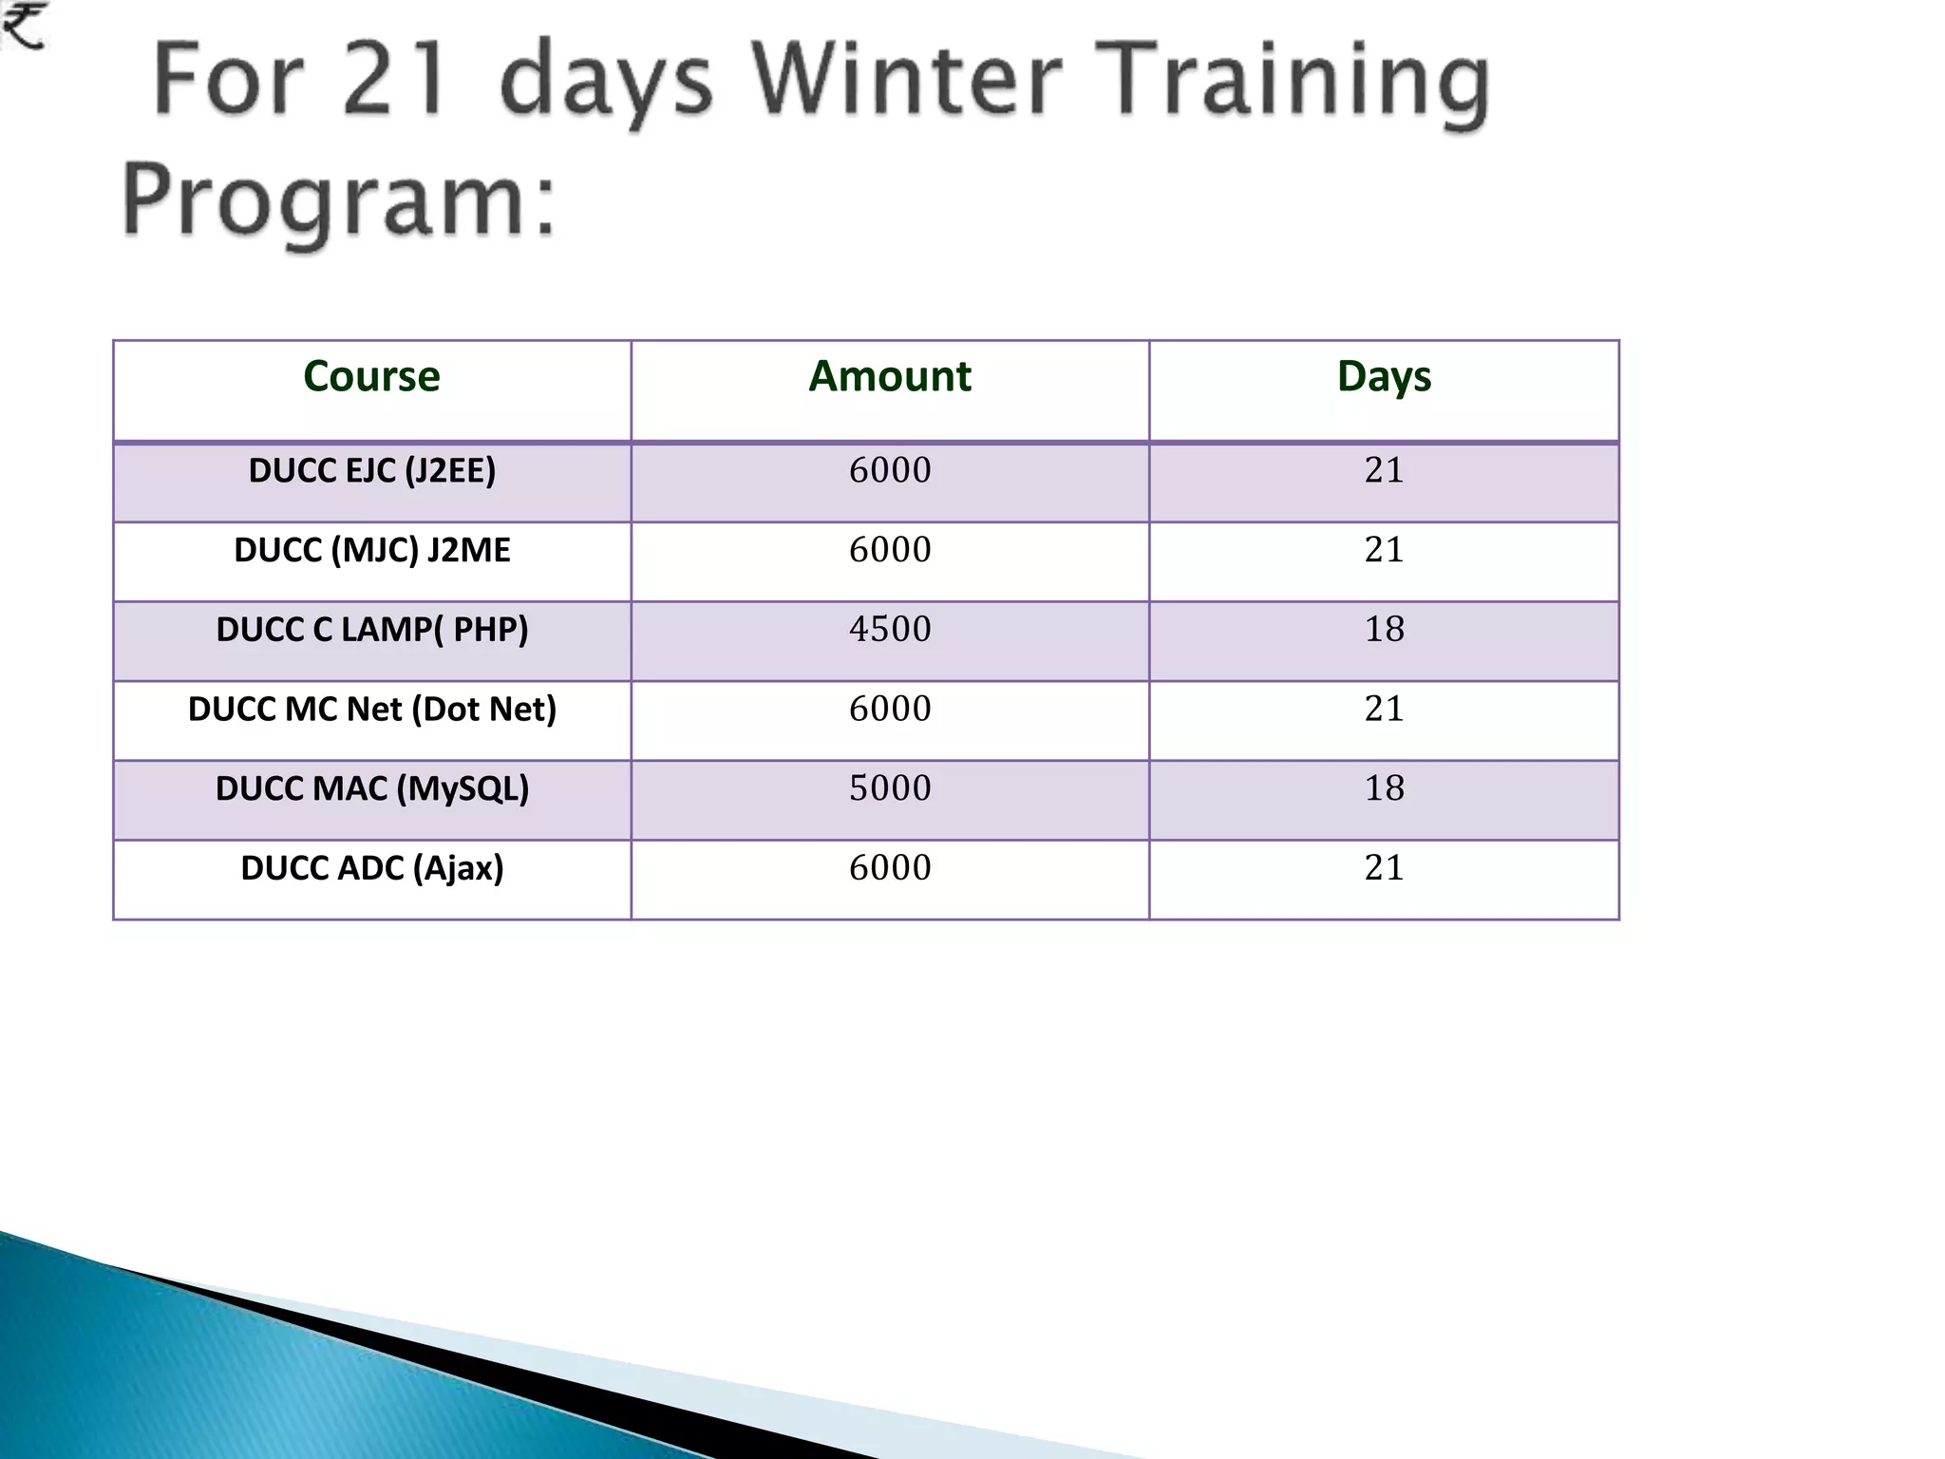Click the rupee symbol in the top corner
pyautogui.click(x=23, y=26)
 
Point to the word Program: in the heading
pyautogui.click(x=338, y=200)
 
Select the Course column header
pyautogui.click(x=371, y=376)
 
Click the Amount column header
pyautogui.click(x=890, y=376)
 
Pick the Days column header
pyautogui.click(x=1384, y=376)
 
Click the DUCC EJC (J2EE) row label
pyautogui.click(x=371, y=471)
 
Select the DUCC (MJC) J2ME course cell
pyautogui.click(x=371, y=550)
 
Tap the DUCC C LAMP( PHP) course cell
pyautogui.click(x=371, y=630)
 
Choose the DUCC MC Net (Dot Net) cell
pyautogui.click(x=371, y=710)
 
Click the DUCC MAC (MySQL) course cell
pyautogui.click(x=371, y=788)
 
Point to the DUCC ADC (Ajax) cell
pyautogui.click(x=371, y=868)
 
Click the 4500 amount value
pyautogui.click(x=890, y=630)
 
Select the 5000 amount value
pyautogui.click(x=890, y=788)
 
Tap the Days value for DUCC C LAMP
pyautogui.click(x=1384, y=630)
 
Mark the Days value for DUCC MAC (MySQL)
pyautogui.click(x=1384, y=788)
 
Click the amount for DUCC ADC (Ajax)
pyautogui.click(x=890, y=868)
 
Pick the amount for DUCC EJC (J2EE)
pyautogui.click(x=890, y=471)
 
